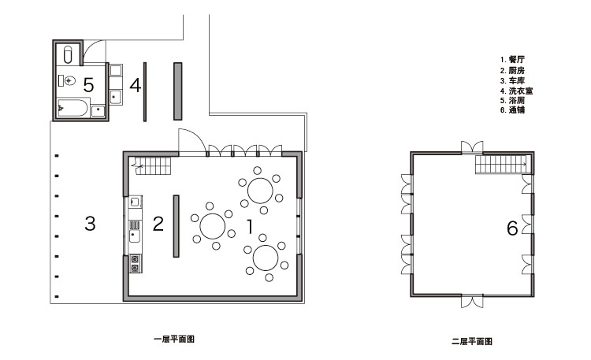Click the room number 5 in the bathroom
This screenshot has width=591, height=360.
pos(88,85)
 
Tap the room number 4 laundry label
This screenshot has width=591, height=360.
pos(136,85)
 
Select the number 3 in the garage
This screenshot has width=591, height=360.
pos(90,224)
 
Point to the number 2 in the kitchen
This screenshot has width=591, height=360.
pos(158,224)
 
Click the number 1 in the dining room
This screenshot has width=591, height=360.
pos(250,226)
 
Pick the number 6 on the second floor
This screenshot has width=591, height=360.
pos(512,228)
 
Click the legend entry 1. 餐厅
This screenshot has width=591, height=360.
pos(512,59)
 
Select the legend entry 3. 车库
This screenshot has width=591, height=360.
pos(512,80)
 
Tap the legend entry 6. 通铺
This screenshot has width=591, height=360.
pos(512,109)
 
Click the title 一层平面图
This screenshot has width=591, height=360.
pos(174,339)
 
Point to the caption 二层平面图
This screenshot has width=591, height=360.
pos(472,342)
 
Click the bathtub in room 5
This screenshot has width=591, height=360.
pos(73,108)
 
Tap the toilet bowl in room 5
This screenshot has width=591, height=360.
pos(69,80)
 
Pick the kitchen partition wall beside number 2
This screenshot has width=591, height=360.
pos(176,226)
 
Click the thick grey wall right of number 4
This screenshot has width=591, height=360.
pos(178,91)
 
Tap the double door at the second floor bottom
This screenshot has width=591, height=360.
pos(472,301)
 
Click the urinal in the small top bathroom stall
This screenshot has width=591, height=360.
pos(68,54)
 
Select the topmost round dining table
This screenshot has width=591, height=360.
pos(260,191)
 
